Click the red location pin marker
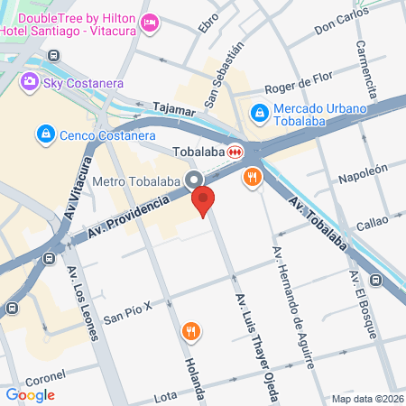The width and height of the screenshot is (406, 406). pos(204,202)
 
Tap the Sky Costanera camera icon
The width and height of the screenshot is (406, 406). pos(30,82)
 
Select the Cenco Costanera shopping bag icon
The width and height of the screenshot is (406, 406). pos(43,134)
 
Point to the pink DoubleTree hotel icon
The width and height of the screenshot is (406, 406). pos(151,20)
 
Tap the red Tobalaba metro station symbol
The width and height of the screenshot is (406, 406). pos(235,152)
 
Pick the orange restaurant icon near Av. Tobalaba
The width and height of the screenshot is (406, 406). pos(253,179)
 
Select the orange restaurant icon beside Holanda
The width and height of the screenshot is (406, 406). pos(189,331)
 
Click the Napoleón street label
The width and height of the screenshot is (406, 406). pos(363,173)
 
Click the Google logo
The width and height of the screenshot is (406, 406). pos(30,394)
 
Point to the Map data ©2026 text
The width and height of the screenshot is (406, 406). pos(366,399)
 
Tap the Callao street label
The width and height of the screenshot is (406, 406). pos(372,222)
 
